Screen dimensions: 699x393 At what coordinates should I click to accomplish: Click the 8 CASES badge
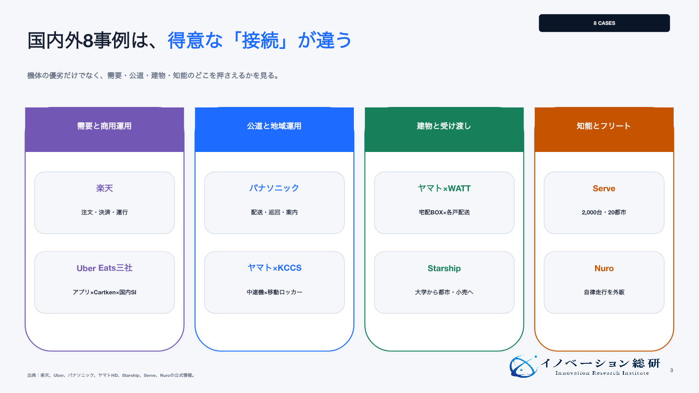click(x=604, y=23)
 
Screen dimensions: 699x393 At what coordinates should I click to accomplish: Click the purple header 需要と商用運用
click(x=104, y=126)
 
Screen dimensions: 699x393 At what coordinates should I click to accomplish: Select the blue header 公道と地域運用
click(x=274, y=126)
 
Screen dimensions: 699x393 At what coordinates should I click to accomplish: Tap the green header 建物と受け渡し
click(x=444, y=126)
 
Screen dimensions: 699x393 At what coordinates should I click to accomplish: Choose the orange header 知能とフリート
click(x=604, y=126)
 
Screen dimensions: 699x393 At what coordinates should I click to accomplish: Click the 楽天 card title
click(x=104, y=188)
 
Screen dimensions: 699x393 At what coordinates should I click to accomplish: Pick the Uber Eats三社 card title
click(x=104, y=268)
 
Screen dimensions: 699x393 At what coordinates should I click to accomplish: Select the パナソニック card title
click(x=274, y=188)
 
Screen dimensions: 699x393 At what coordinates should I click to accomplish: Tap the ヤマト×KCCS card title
click(x=274, y=268)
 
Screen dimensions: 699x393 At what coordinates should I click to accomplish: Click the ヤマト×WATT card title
click(x=444, y=188)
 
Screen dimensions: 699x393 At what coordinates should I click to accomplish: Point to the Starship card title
click(x=444, y=268)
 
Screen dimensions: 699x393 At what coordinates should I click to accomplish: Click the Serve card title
click(x=604, y=188)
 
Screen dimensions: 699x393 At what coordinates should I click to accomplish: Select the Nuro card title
click(x=604, y=268)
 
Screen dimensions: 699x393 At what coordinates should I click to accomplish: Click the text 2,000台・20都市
click(x=604, y=212)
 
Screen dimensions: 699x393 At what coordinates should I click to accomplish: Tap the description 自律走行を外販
click(x=604, y=292)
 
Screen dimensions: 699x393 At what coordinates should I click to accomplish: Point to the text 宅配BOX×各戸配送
click(x=444, y=212)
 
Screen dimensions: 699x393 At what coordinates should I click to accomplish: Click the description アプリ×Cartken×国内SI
click(x=104, y=292)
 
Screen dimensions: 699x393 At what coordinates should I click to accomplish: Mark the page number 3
click(x=671, y=370)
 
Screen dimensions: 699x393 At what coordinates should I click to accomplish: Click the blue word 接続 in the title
click(x=260, y=41)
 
